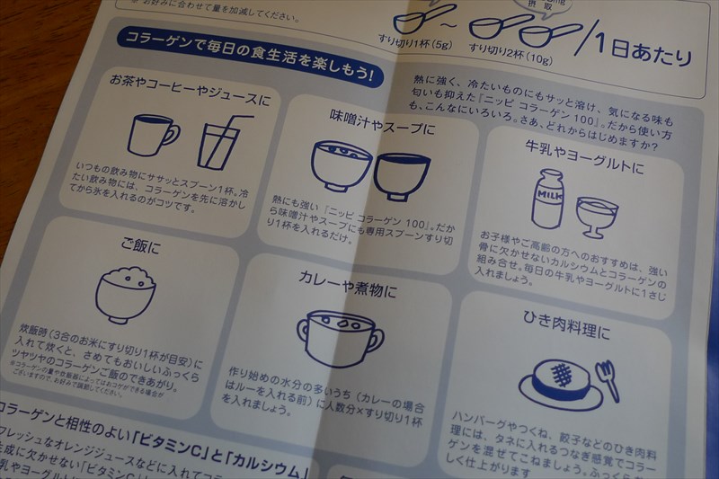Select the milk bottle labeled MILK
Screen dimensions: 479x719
click(546, 199)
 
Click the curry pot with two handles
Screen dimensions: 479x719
click(340, 337)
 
